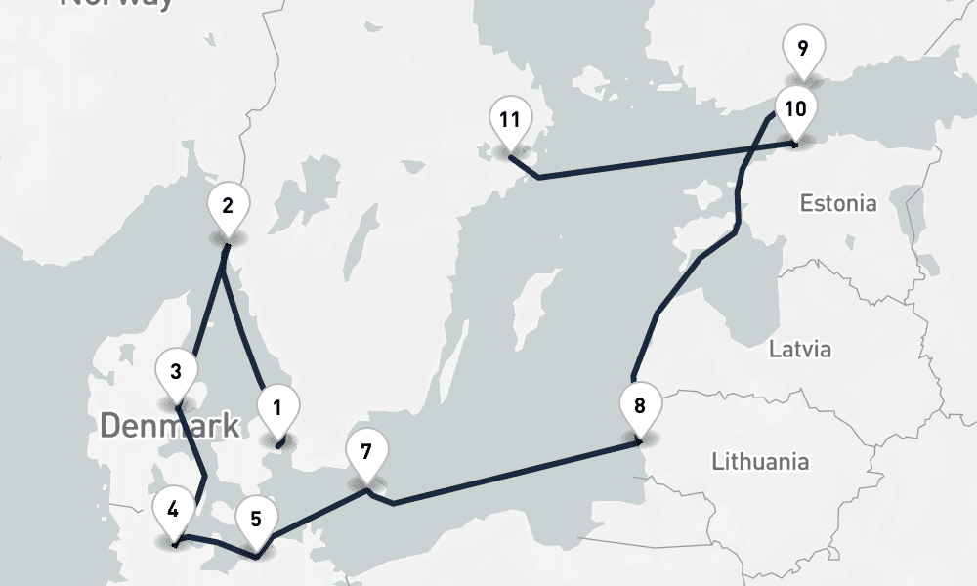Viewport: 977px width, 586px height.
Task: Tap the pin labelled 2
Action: [x=228, y=206]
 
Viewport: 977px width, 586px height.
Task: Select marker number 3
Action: [x=176, y=372]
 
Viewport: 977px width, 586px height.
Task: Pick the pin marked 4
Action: [x=173, y=510]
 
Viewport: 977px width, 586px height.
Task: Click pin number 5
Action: [x=256, y=519]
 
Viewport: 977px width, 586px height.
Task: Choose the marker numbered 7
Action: [x=366, y=452]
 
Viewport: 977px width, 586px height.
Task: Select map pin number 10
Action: [x=795, y=108]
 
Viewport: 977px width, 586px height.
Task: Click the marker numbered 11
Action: [x=509, y=120]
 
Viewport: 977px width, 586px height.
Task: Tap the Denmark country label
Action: [x=169, y=425]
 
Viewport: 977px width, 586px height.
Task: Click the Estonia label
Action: [x=838, y=204]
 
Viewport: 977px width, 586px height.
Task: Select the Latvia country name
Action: [x=800, y=349]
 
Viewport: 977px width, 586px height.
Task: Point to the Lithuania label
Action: [x=760, y=460]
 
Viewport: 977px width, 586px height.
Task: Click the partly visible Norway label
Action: [x=117, y=4]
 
